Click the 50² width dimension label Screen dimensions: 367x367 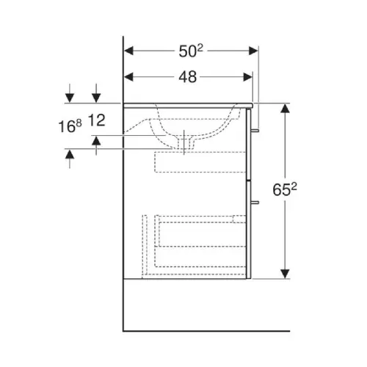191,51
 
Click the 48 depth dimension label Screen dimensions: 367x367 188,77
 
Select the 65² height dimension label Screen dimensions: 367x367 285,189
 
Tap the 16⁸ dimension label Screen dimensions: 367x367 70,126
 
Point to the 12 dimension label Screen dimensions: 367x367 96,120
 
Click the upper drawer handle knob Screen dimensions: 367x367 255,131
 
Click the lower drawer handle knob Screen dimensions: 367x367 255,203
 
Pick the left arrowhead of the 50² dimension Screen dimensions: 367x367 128,51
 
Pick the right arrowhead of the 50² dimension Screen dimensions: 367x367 253,51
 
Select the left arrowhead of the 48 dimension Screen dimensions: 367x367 128,77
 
